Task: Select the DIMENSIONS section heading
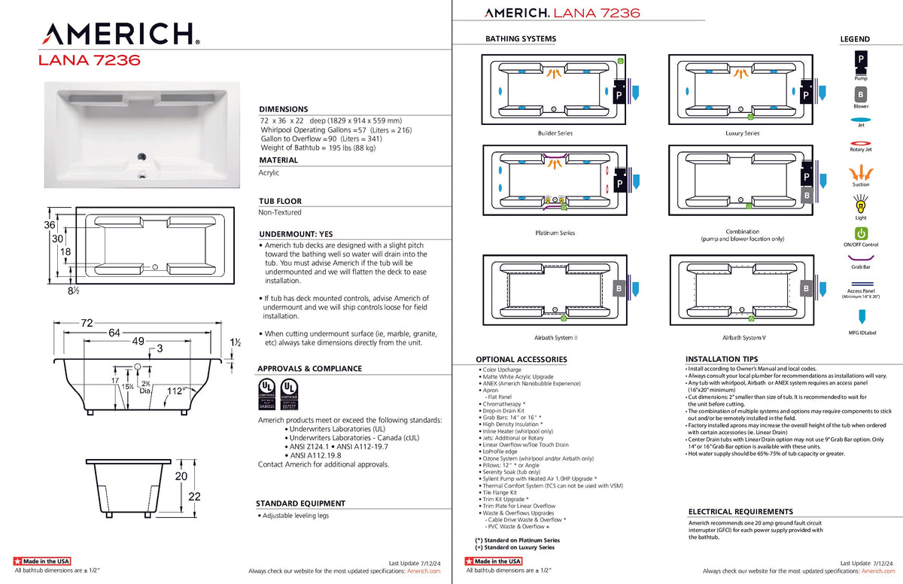click(284, 109)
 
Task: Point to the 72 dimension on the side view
click(87, 323)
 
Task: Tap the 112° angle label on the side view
click(176, 391)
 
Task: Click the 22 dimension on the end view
click(194, 497)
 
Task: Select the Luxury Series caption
click(742, 133)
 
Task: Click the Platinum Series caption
click(555, 233)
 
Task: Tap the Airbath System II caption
click(555, 338)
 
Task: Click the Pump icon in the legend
click(860, 60)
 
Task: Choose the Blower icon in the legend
click(860, 95)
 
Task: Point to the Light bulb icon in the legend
click(861, 204)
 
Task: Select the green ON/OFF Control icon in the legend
click(861, 234)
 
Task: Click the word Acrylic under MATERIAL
click(269, 173)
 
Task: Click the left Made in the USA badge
click(42, 561)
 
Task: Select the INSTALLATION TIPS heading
click(722, 359)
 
